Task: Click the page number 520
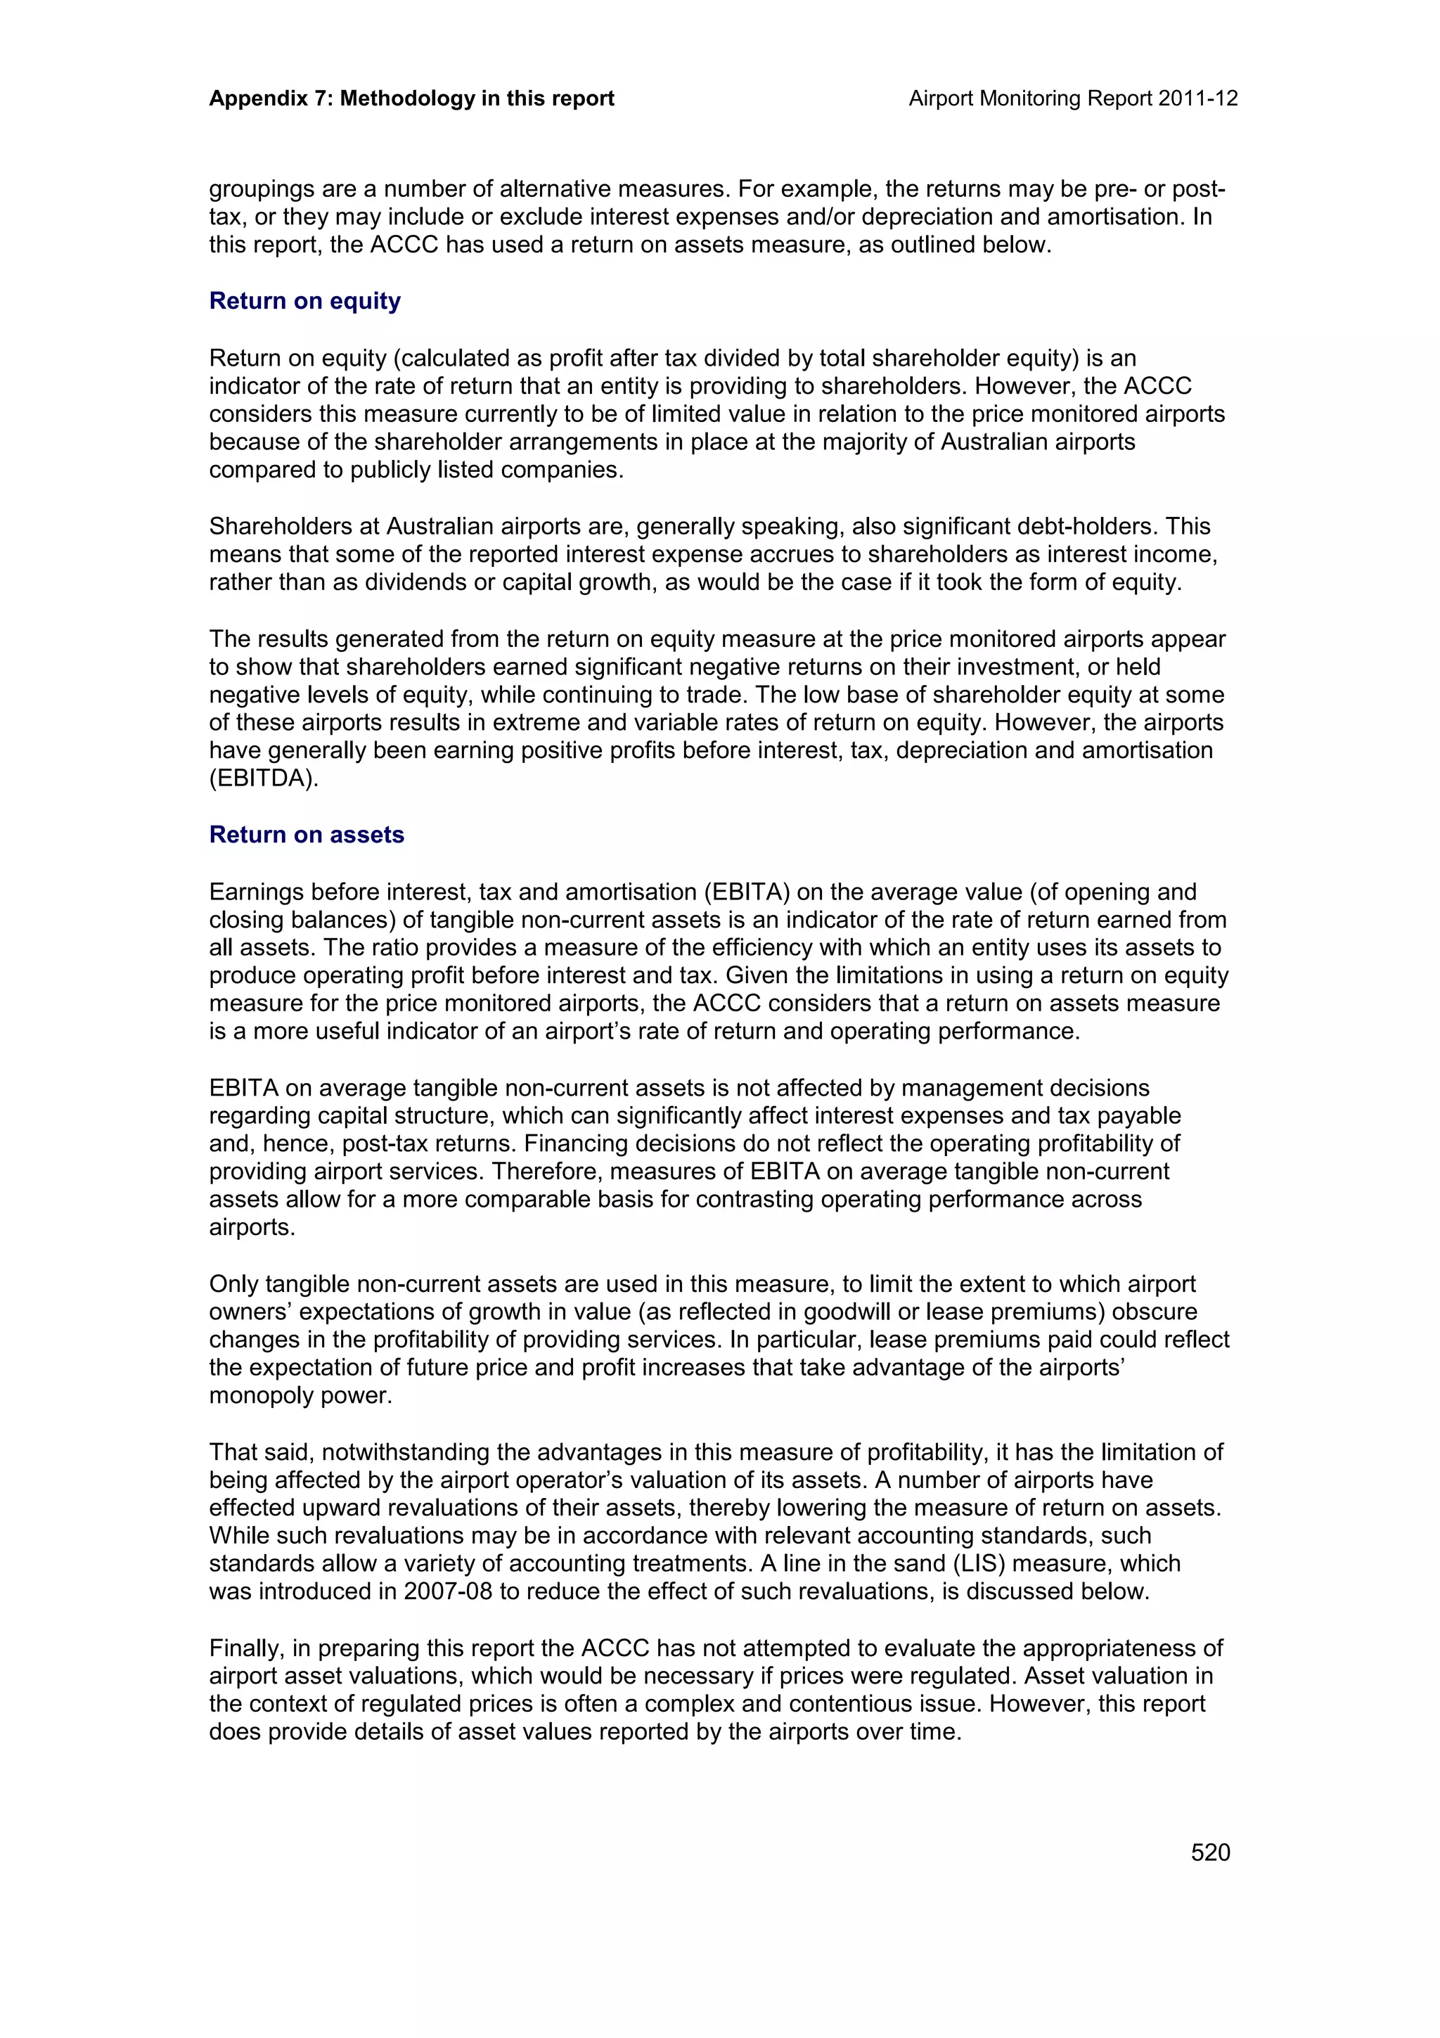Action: pos(1210,1852)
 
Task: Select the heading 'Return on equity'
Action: pos(304,301)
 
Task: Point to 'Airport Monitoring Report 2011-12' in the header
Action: pos(1073,98)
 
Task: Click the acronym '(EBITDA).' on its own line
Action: pos(264,778)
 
